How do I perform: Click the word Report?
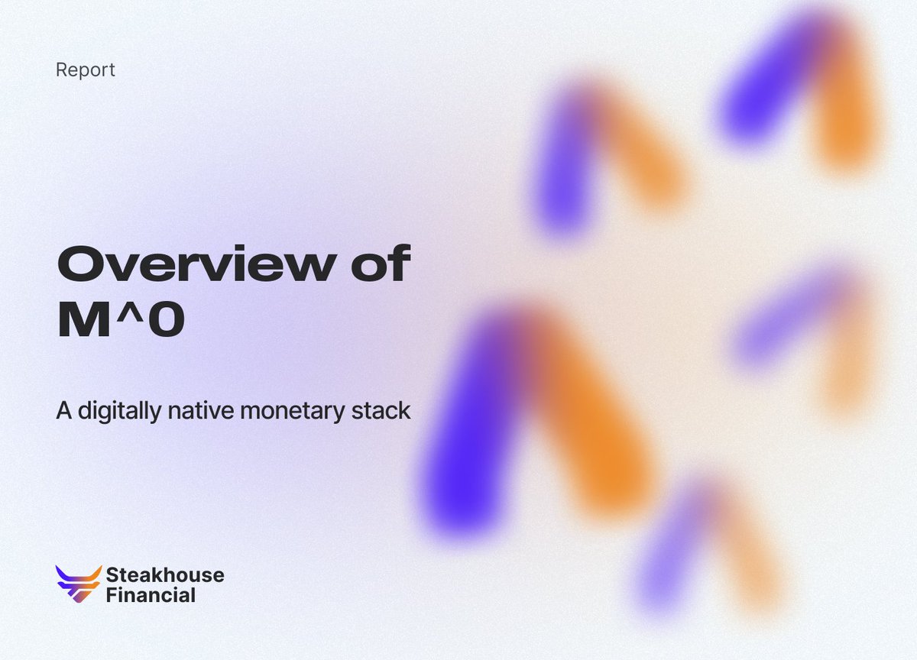point(85,70)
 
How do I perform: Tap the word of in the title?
point(379,265)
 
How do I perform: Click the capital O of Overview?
point(81,266)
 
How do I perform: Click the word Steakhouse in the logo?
point(165,575)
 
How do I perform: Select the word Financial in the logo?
point(151,595)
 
